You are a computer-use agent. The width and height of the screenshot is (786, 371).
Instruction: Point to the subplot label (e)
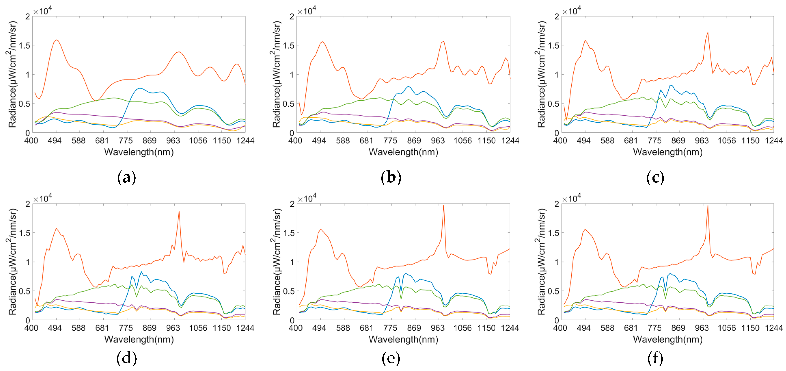pyautogui.click(x=391, y=358)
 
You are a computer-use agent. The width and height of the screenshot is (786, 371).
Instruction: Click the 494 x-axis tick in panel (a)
pyautogui.click(x=55, y=141)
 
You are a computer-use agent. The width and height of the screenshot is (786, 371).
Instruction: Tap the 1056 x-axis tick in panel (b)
pyautogui.click(x=463, y=141)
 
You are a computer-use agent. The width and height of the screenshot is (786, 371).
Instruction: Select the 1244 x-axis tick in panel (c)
pyautogui.click(x=774, y=141)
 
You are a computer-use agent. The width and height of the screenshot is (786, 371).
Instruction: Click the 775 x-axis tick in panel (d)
pyautogui.click(x=126, y=328)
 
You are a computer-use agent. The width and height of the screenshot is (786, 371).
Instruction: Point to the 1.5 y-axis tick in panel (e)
pyautogui.click(x=289, y=233)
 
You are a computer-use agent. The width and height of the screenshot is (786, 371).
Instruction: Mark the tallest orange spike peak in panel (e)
pyautogui.click(x=443, y=205)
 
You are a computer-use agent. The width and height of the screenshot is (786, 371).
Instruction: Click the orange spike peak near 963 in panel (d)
pyautogui.click(x=179, y=212)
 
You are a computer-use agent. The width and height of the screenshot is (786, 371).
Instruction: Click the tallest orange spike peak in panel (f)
pyautogui.click(x=708, y=205)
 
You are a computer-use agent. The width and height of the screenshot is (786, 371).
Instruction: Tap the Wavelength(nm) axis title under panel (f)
pyautogui.click(x=668, y=340)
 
